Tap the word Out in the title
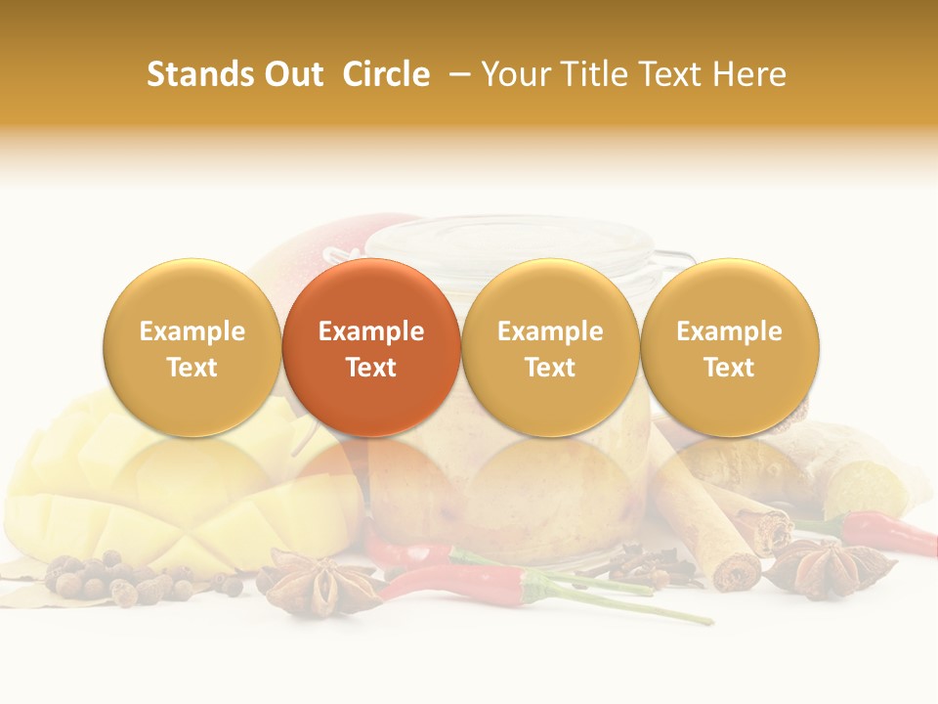pyautogui.click(x=291, y=74)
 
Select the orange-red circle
pyautogui.click(x=371, y=347)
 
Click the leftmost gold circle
pyautogui.click(x=192, y=347)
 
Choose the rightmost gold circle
pyautogui.click(x=729, y=347)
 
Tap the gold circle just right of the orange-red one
pyautogui.click(x=550, y=347)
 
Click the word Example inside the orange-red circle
pyautogui.click(x=371, y=331)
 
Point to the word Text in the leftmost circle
pyautogui.click(x=192, y=368)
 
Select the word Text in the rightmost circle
pyautogui.click(x=729, y=368)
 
